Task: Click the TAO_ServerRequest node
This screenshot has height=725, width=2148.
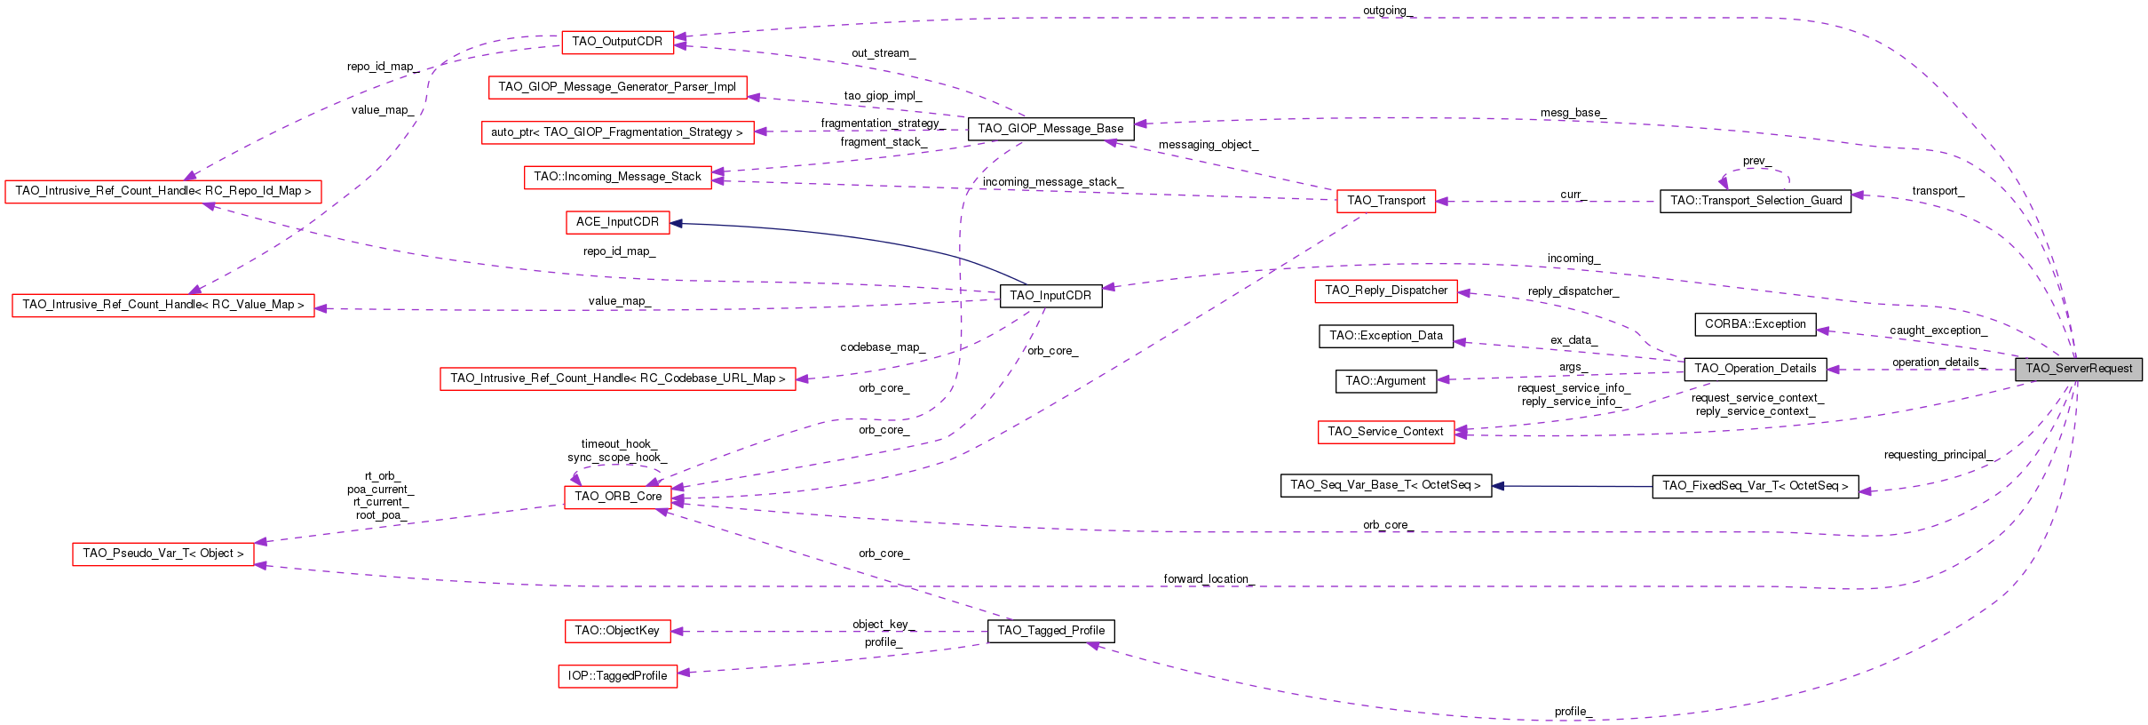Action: coord(2078,369)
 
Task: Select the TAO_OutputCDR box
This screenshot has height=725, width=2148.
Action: coord(617,42)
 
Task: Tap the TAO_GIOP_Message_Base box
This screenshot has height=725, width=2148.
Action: coord(1050,129)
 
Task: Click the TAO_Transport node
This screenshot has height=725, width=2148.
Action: coord(1385,201)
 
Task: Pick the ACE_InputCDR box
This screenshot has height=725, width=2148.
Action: coord(617,222)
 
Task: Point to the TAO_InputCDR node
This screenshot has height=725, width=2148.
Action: coord(1050,296)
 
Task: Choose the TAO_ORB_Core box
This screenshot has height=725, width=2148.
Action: coord(618,497)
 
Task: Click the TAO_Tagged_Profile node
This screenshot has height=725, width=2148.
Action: coord(1050,631)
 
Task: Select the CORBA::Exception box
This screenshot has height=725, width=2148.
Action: coord(1755,324)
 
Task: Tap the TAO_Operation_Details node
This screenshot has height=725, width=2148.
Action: coord(1755,369)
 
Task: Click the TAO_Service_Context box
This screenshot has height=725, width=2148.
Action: coord(1385,432)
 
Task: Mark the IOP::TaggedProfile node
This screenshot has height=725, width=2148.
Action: coord(617,676)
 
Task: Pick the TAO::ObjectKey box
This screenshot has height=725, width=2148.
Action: coord(617,631)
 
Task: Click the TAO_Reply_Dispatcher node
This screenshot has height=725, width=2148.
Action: coord(1385,291)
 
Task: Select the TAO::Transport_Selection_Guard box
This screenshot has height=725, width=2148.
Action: coord(1755,201)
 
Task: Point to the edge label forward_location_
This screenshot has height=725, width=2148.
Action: coord(1208,579)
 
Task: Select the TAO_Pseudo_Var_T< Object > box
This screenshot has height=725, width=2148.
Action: coord(162,554)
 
